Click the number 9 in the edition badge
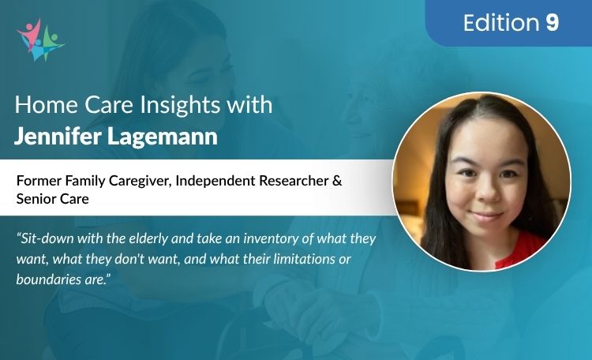552,23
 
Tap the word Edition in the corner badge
501,23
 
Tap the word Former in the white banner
38,181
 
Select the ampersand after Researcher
337,181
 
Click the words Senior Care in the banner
52,200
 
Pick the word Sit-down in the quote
47,238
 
